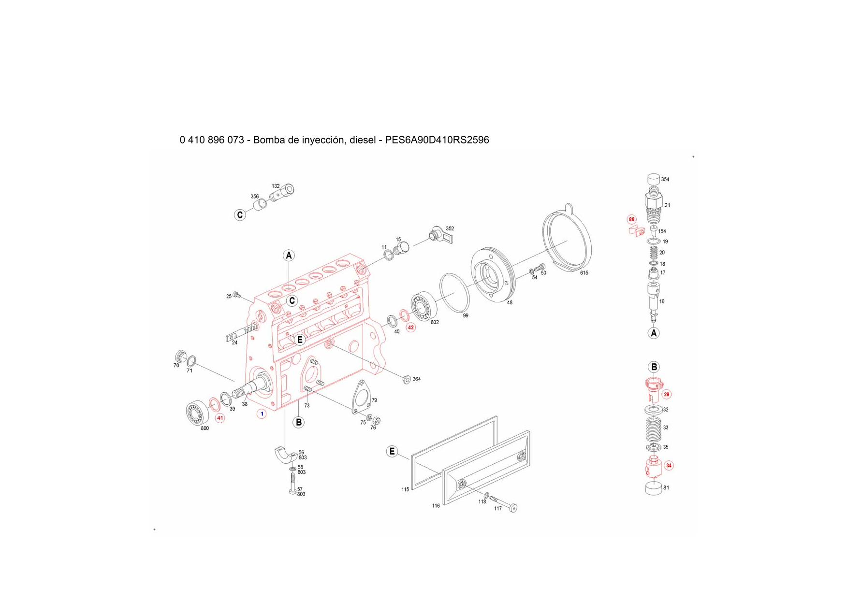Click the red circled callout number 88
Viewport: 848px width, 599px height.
coord(631,219)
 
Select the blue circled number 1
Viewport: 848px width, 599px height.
coord(262,414)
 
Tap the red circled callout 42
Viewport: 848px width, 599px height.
coord(411,328)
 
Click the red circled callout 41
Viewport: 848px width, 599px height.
coord(220,418)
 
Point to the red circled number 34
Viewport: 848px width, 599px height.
coord(669,466)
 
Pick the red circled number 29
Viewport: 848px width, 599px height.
coord(667,395)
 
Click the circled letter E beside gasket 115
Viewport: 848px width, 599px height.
coord(392,452)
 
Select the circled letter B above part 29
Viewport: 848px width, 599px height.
coord(654,367)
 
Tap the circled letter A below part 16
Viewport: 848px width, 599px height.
coord(654,333)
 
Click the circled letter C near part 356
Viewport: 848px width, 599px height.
coord(240,215)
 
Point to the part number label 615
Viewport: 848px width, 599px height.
coord(584,273)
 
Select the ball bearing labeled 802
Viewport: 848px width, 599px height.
coord(424,305)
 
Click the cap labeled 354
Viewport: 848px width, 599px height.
coord(653,180)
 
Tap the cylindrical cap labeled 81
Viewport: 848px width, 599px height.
coord(654,488)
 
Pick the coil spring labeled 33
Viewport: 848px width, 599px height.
coord(653,428)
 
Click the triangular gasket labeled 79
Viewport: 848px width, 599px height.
coord(361,398)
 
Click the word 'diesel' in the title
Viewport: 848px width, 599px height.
coord(363,140)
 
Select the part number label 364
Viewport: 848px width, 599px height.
coord(416,379)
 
